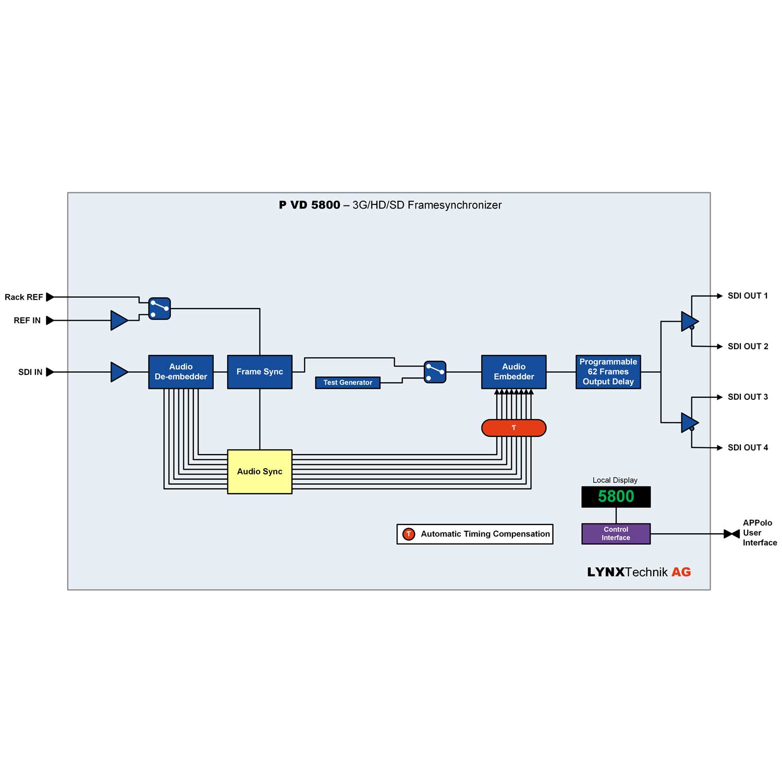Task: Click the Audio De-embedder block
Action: click(x=180, y=372)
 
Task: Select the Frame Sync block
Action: click(x=260, y=372)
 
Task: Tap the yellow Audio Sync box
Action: click(x=260, y=471)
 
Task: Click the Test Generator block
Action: click(x=348, y=383)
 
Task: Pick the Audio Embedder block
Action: click(x=514, y=372)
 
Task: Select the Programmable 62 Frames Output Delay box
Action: click(x=608, y=372)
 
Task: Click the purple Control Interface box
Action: click(x=616, y=533)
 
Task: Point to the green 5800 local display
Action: click(x=616, y=496)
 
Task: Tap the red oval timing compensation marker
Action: click(x=514, y=428)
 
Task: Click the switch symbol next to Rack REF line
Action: click(x=160, y=309)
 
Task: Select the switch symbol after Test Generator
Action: click(x=435, y=372)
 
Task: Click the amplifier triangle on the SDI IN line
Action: click(x=119, y=372)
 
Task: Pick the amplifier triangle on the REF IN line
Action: click(x=119, y=320)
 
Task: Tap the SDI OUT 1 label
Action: click(x=747, y=296)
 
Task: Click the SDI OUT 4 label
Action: click(x=747, y=447)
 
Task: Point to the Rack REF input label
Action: click(x=24, y=297)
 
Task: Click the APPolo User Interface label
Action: click(x=759, y=532)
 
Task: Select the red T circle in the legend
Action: click(x=409, y=534)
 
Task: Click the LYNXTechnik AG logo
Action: click(x=639, y=572)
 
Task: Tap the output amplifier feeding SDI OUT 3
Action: click(x=689, y=422)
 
